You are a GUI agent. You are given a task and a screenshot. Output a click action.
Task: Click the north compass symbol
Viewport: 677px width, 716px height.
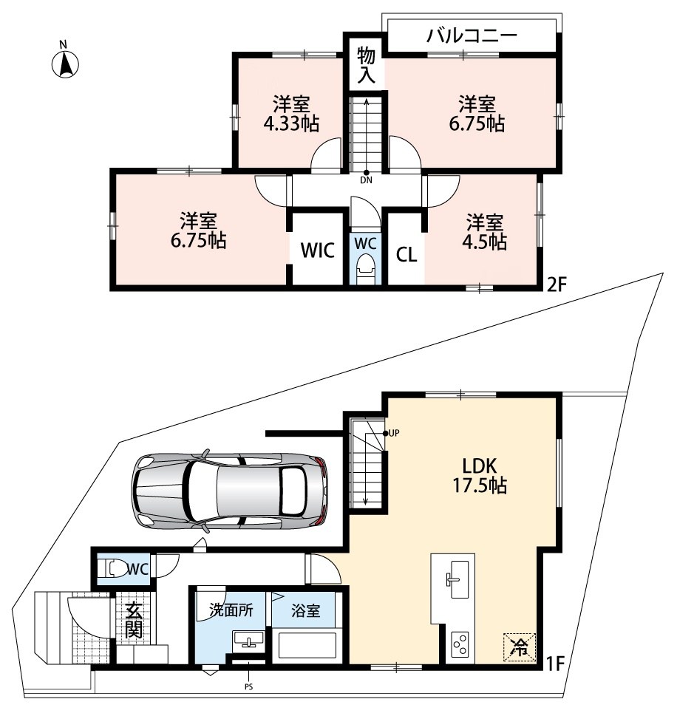[65, 61]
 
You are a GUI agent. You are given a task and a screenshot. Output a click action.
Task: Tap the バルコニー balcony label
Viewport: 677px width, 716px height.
[472, 35]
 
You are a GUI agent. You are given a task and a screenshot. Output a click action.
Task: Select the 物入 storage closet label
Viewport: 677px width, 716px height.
[366, 65]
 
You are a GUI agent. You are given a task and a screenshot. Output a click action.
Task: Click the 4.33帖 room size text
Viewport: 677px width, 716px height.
[291, 123]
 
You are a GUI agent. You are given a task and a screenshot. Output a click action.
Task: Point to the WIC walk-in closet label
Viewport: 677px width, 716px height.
[318, 250]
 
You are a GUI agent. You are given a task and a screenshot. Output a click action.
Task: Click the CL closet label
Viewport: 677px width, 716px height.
[406, 254]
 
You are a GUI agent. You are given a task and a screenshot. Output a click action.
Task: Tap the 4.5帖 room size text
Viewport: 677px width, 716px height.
[484, 242]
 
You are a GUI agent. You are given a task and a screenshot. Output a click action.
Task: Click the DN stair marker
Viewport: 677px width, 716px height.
[366, 180]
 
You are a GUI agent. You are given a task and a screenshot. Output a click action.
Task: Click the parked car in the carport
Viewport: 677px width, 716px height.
[230, 492]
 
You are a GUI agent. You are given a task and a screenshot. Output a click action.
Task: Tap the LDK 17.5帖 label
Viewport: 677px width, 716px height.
[480, 476]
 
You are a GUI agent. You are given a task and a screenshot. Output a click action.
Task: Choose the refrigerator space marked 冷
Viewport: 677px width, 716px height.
[520, 647]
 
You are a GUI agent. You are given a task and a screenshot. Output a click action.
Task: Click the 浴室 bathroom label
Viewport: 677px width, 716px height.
[305, 610]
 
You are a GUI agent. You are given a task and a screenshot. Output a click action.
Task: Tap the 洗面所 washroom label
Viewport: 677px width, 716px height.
[231, 610]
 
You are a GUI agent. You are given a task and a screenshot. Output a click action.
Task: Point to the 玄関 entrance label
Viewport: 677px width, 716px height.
[133, 620]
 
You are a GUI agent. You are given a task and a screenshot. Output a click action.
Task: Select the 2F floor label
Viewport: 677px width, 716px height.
[557, 285]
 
